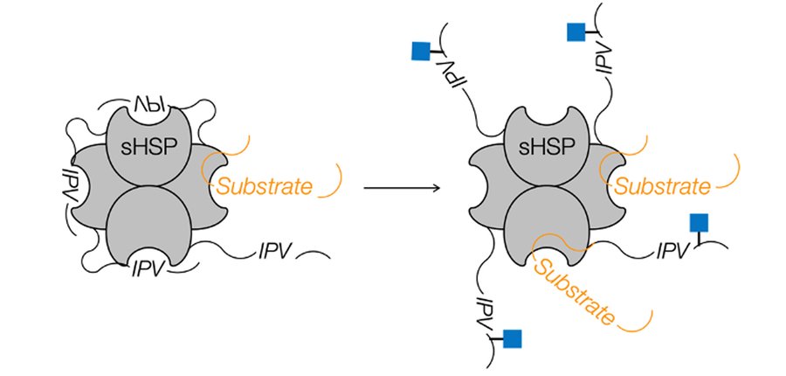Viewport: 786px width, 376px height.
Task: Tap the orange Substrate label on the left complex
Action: (265, 185)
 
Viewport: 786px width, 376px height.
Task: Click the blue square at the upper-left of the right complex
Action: (422, 51)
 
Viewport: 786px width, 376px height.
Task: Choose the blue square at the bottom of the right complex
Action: (513, 338)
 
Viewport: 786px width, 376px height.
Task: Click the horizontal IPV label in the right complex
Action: (674, 254)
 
